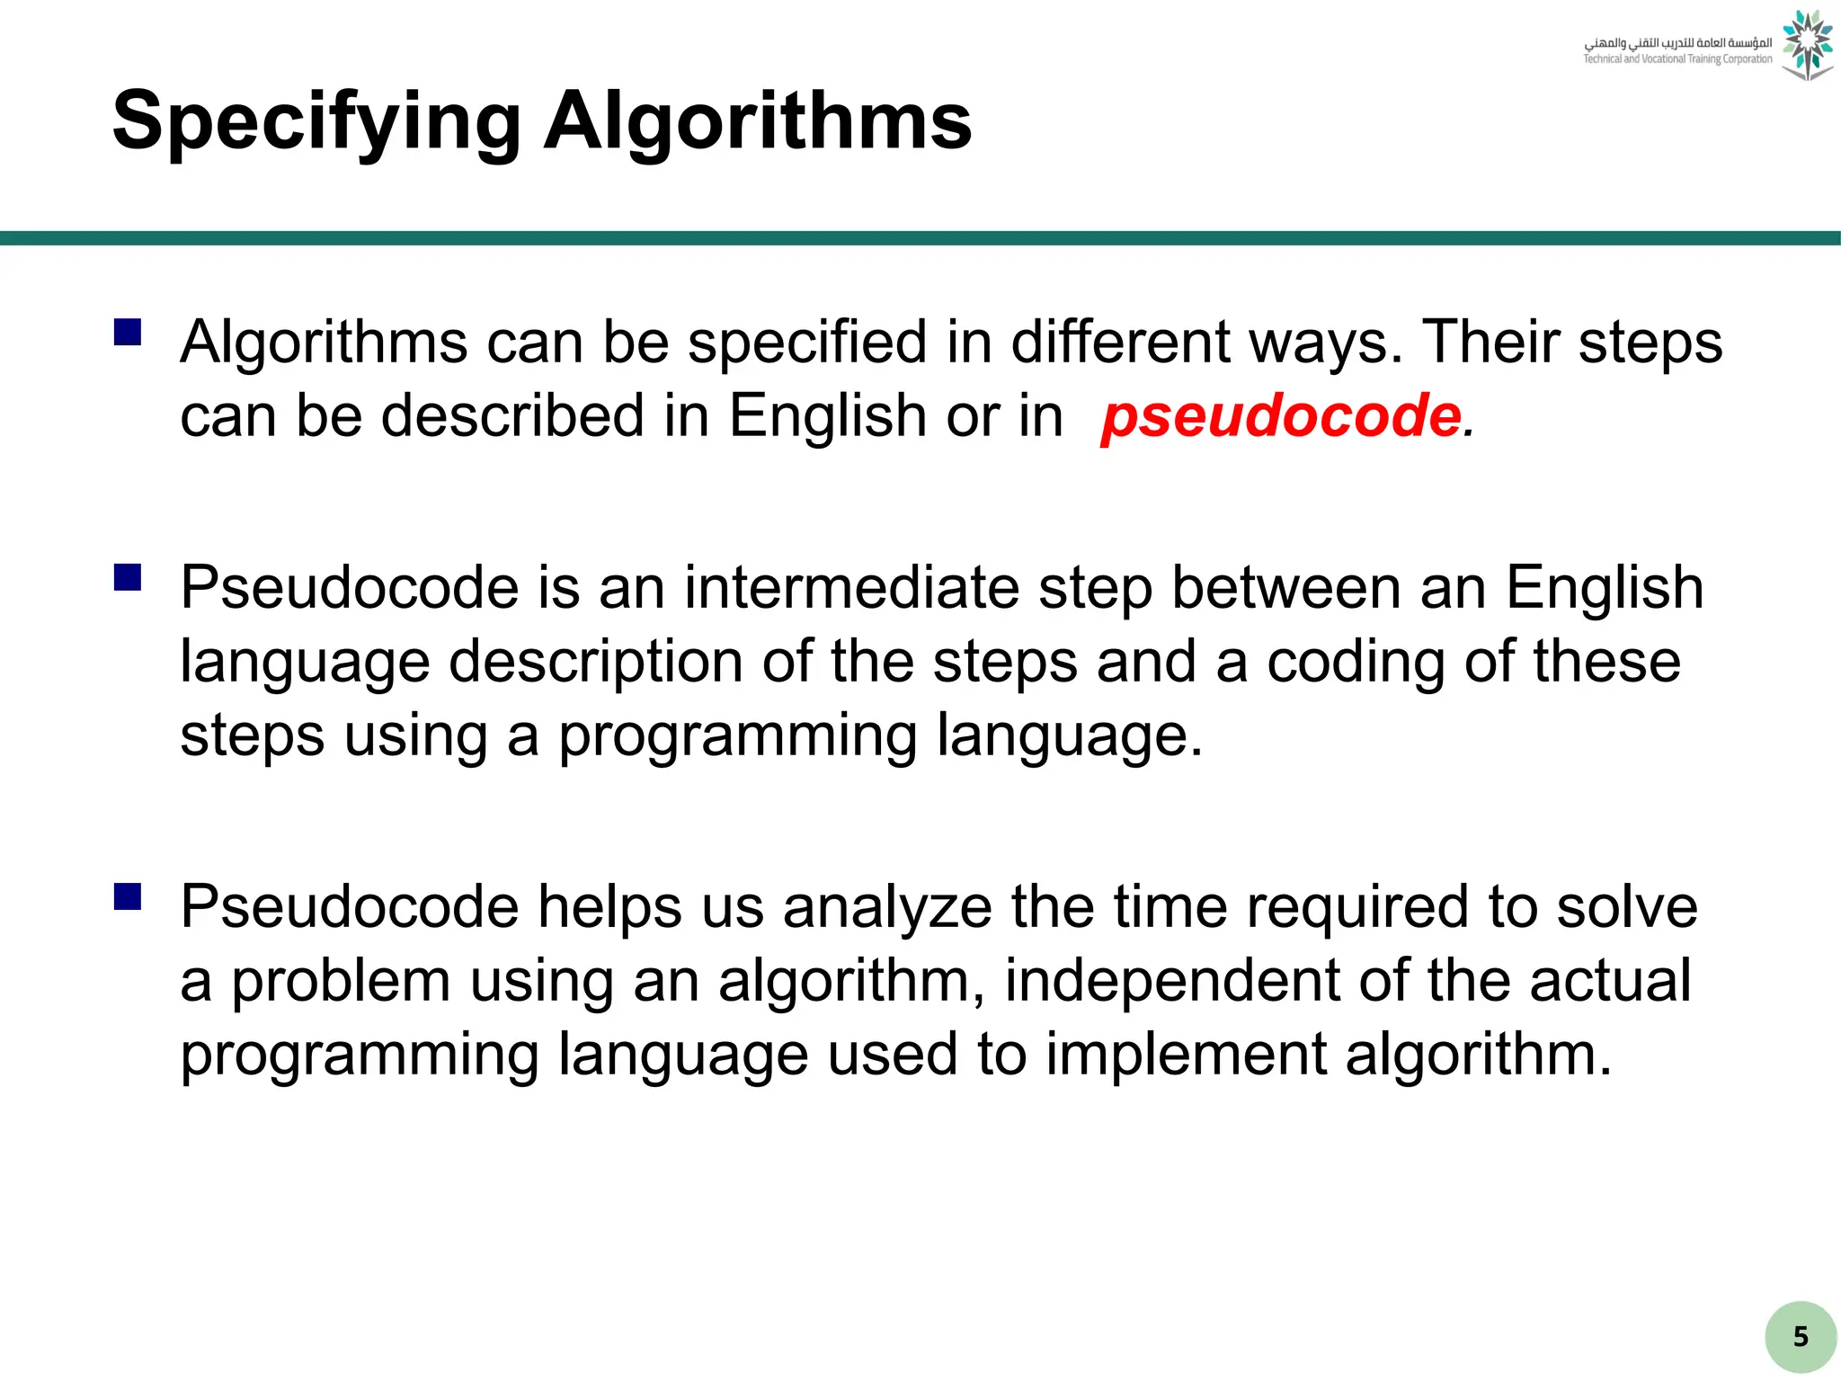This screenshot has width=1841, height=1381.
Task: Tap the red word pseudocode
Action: [x=1282, y=416]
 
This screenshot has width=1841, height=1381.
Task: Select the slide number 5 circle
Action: [x=1800, y=1336]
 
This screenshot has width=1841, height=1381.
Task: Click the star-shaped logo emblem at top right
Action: [x=1807, y=45]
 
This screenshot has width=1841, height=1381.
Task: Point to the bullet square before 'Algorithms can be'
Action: [x=128, y=333]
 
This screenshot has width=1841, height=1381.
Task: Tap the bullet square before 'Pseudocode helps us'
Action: [x=128, y=896]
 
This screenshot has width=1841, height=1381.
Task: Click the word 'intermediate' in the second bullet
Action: [x=851, y=588]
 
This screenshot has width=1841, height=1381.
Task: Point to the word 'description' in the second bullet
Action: [x=595, y=662]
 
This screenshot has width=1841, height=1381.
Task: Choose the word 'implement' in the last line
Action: [x=1186, y=1054]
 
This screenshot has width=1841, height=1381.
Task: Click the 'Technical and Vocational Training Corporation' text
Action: [x=1677, y=59]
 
